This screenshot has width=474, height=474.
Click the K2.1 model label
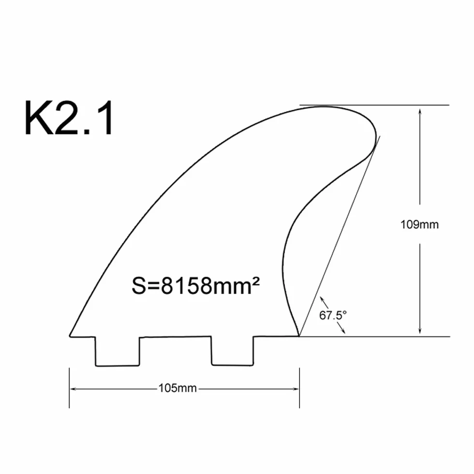click(69, 118)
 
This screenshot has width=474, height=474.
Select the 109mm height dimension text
click(419, 224)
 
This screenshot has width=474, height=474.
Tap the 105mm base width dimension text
click(178, 388)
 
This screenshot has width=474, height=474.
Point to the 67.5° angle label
click(333, 315)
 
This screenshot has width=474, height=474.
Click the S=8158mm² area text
click(195, 286)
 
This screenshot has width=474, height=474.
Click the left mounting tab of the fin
click(117, 351)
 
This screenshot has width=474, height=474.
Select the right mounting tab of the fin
click(233, 351)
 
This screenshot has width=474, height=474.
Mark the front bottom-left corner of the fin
click(70, 336)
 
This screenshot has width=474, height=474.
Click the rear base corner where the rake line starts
click(299, 336)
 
